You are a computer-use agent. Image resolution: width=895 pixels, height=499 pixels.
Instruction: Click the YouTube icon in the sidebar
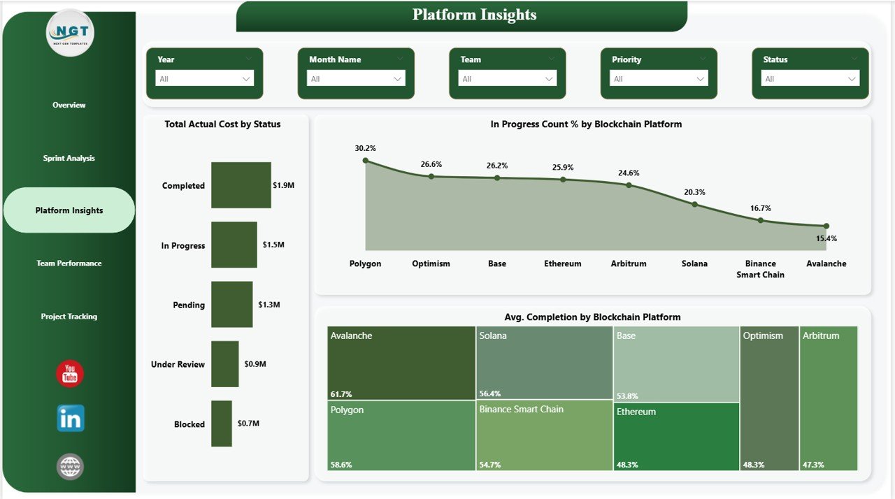point(70,374)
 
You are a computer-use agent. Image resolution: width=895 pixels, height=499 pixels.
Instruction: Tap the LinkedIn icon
point(71,418)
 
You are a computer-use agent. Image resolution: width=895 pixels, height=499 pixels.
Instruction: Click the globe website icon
point(70,466)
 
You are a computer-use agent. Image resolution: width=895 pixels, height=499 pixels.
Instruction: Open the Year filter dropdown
point(204,79)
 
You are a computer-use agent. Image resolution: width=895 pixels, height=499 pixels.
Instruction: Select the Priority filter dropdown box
point(659,79)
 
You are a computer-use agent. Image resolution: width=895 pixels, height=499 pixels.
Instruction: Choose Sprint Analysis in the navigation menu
point(69,158)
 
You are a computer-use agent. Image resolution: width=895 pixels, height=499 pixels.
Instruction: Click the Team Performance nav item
point(69,263)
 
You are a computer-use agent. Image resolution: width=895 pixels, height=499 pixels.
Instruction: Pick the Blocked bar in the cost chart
point(221,424)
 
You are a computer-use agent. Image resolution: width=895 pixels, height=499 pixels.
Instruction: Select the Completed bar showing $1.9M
point(241,185)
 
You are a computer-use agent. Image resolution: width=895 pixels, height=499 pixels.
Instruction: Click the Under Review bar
point(224,364)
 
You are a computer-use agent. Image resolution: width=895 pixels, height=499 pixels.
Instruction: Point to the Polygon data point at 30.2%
point(365,161)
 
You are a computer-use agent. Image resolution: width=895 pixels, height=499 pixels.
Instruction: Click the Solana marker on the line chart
point(694,204)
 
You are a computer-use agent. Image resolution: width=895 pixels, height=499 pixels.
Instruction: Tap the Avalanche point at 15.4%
point(826,226)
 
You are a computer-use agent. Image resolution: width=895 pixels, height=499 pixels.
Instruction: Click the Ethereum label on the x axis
point(562,263)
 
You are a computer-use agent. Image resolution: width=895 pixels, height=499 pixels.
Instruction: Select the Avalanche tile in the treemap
point(401,363)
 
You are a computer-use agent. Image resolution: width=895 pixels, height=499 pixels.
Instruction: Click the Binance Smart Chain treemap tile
point(544,435)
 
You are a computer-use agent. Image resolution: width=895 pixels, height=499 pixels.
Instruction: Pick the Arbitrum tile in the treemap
point(828,398)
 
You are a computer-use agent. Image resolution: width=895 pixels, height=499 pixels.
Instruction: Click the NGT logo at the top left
point(70,32)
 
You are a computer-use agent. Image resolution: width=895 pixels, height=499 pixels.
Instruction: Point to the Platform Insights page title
point(474,15)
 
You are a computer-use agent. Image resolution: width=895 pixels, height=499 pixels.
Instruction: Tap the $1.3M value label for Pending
point(268,305)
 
